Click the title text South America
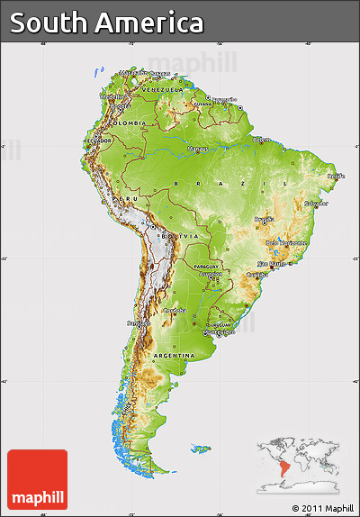pyautogui.click(x=107, y=23)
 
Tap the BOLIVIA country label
pyautogui.click(x=173, y=236)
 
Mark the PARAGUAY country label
pyautogui.click(x=207, y=267)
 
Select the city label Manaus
pyautogui.click(x=198, y=149)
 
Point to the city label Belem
pyautogui.click(x=261, y=140)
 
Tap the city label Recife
pyautogui.click(x=336, y=177)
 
